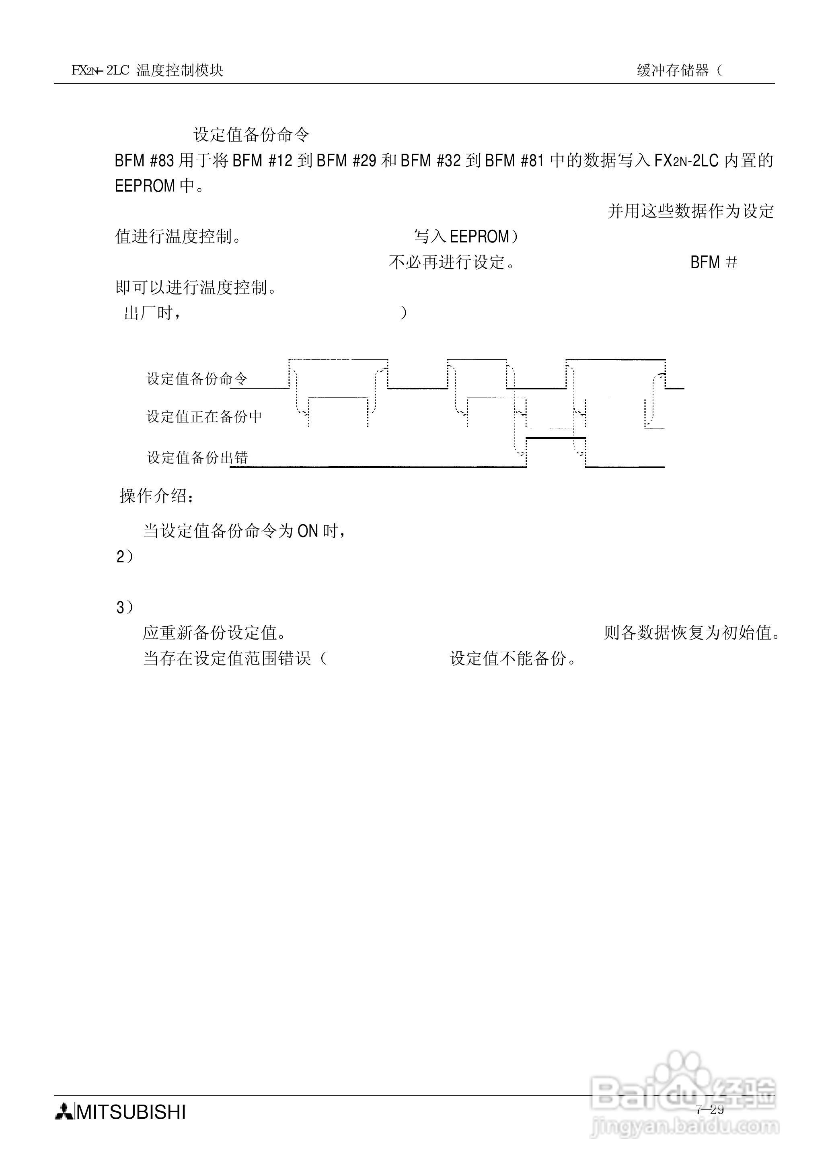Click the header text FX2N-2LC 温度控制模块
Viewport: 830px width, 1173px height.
coord(147,70)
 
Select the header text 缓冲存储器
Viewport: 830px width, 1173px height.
coord(673,70)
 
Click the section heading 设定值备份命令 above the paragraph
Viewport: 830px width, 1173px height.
coord(251,135)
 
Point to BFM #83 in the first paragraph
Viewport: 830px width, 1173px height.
coord(145,161)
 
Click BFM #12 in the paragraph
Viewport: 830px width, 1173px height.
coord(262,161)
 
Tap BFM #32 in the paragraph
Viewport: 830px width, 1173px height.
coord(430,161)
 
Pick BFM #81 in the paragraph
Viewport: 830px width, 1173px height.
coord(515,161)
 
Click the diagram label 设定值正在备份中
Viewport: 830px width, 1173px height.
coord(204,417)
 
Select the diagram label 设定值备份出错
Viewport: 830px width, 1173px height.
coord(197,457)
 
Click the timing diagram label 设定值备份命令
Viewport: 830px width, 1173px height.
coord(197,379)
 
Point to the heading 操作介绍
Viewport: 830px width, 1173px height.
coord(156,496)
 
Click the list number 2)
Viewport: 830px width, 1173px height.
coord(124,557)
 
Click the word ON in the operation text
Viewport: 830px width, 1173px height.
coord(308,531)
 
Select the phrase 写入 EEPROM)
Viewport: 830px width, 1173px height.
coord(466,237)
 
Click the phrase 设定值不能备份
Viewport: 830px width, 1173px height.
coord(513,659)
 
